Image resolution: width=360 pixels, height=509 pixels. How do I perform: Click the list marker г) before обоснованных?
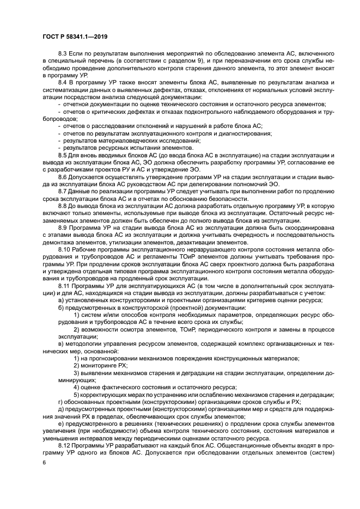click(x=61, y=401)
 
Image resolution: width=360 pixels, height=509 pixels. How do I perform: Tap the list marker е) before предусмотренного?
click(x=61, y=423)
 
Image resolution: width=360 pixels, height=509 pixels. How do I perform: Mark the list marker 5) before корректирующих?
click(x=76, y=394)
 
